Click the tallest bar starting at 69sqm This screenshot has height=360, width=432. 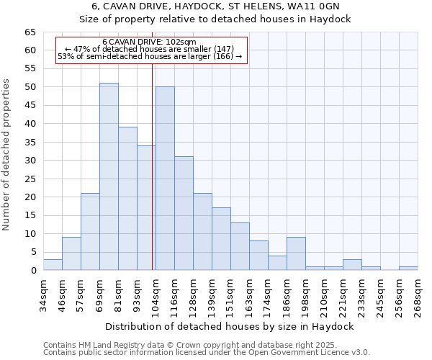pos(109,176)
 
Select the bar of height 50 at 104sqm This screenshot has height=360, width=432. pos(165,179)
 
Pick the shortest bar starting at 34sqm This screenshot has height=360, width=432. pos(53,264)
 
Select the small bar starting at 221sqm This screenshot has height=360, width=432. pos(352,265)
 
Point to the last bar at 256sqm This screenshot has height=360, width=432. pos(408,269)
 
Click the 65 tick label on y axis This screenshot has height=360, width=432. pos(30,32)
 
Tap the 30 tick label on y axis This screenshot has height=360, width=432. pos(30,161)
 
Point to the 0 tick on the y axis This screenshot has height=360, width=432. pos(32,271)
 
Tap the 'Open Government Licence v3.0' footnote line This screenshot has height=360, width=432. pos(206,352)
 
